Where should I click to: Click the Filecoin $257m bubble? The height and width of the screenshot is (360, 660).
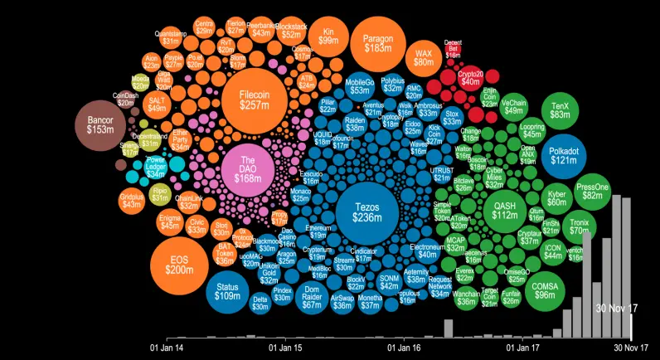click(253, 100)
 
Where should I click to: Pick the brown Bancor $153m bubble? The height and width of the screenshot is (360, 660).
click(100, 125)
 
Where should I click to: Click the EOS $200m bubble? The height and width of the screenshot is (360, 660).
click(178, 265)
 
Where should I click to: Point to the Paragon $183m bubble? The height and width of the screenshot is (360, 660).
click(378, 43)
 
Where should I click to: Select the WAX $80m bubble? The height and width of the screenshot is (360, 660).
click(424, 56)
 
